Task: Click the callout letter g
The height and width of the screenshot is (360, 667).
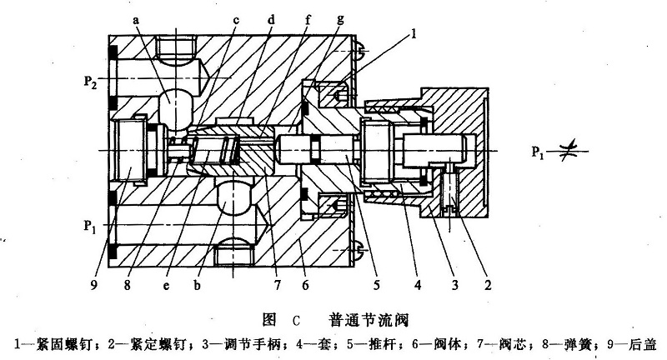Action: (x=340, y=17)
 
